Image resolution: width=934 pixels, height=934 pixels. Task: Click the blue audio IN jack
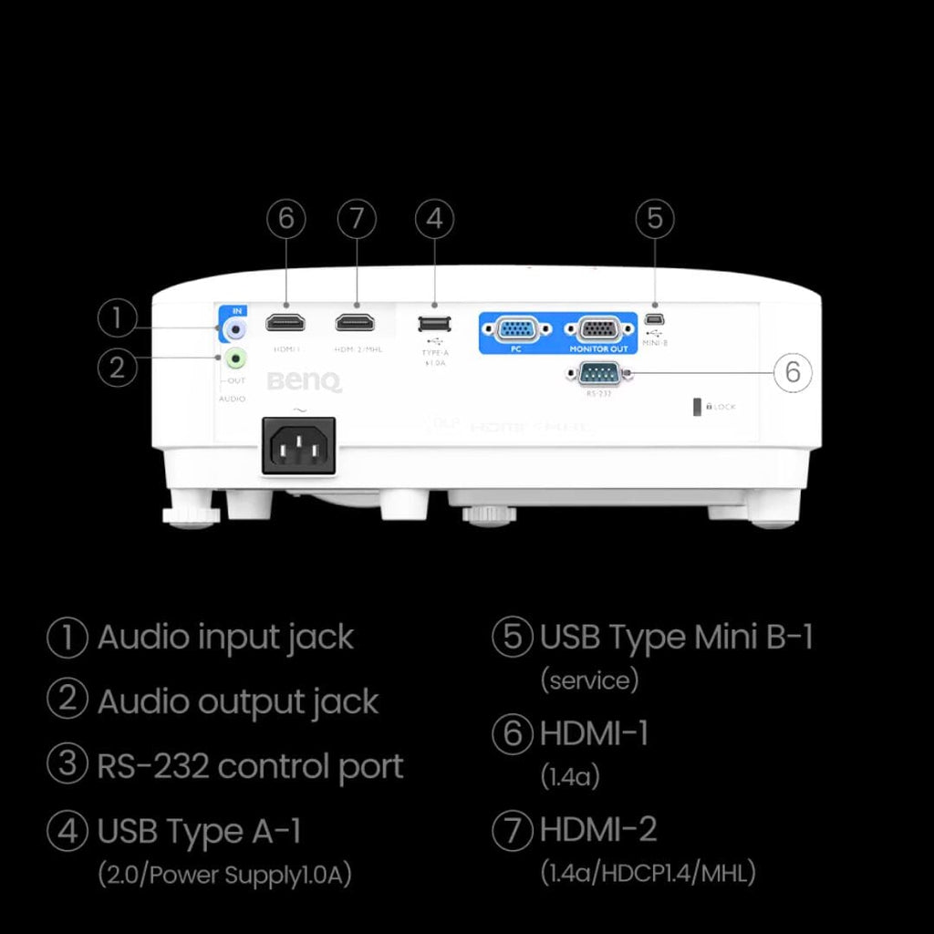pyautogui.click(x=235, y=327)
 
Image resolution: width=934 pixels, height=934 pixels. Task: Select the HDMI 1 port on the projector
pyautogui.click(x=285, y=323)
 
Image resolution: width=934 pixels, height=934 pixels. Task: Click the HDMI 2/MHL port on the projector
pyautogui.click(x=356, y=323)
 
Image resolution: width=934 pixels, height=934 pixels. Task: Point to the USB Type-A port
pyautogui.click(x=433, y=323)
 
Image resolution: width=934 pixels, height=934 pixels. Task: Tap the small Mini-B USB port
pyautogui.click(x=655, y=320)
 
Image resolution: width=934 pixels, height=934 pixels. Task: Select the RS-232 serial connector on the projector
pyautogui.click(x=596, y=372)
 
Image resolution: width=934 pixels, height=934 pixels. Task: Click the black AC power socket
pyautogui.click(x=298, y=445)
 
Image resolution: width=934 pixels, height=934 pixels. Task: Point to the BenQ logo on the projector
pyautogui.click(x=305, y=381)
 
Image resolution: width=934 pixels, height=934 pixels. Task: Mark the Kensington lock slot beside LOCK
pyautogui.click(x=699, y=407)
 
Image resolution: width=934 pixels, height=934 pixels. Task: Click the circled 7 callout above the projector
pyautogui.click(x=356, y=219)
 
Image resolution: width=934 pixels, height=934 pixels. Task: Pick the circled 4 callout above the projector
pyautogui.click(x=434, y=219)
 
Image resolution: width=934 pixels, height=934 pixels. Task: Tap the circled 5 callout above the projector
pyautogui.click(x=655, y=219)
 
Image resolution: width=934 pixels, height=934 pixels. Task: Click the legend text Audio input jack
pyautogui.click(x=225, y=637)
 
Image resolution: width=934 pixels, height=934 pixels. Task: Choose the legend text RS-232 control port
pyautogui.click(x=250, y=766)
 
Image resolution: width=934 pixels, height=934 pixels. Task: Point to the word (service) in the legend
pyautogui.click(x=589, y=680)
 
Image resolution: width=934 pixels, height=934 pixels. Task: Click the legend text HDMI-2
pyautogui.click(x=598, y=830)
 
